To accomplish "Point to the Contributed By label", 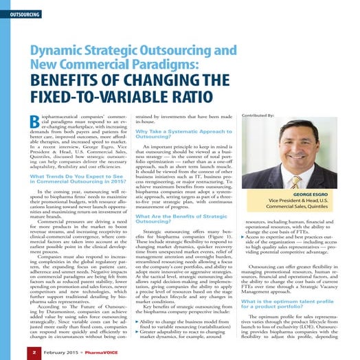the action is tap(258, 115).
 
